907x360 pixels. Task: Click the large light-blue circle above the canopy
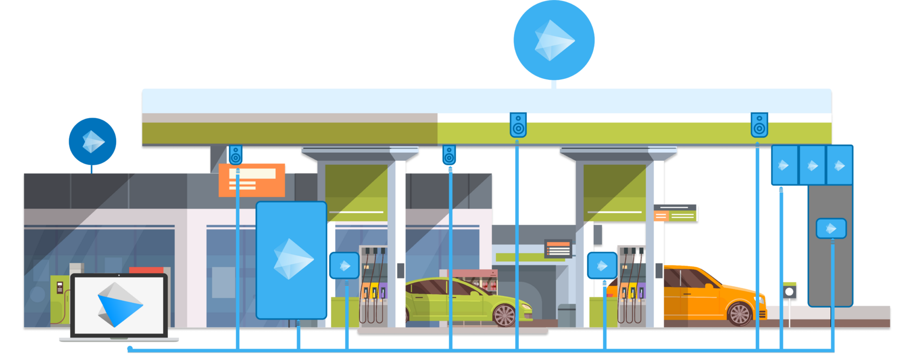(x=553, y=40)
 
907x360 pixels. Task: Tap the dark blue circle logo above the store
(x=92, y=141)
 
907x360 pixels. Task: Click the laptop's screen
(x=119, y=305)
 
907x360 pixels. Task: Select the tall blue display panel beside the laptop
(x=291, y=260)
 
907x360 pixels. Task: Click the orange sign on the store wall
(x=252, y=180)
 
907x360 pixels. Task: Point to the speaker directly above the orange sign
(x=235, y=155)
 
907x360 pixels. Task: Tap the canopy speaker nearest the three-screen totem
(x=759, y=125)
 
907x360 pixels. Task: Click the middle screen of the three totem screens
(x=812, y=165)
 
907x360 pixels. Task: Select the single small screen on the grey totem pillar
(x=831, y=228)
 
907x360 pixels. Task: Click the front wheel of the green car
(x=505, y=315)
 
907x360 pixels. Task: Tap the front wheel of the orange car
(x=740, y=313)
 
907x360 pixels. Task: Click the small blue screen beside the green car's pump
(x=344, y=266)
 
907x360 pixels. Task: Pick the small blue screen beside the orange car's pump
(x=602, y=266)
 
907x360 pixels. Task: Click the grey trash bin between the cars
(x=566, y=315)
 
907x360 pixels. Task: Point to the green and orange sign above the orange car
(x=675, y=214)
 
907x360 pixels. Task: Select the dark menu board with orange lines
(x=558, y=249)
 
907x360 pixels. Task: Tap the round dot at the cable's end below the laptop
(x=130, y=349)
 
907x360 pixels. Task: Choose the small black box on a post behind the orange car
(x=790, y=291)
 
